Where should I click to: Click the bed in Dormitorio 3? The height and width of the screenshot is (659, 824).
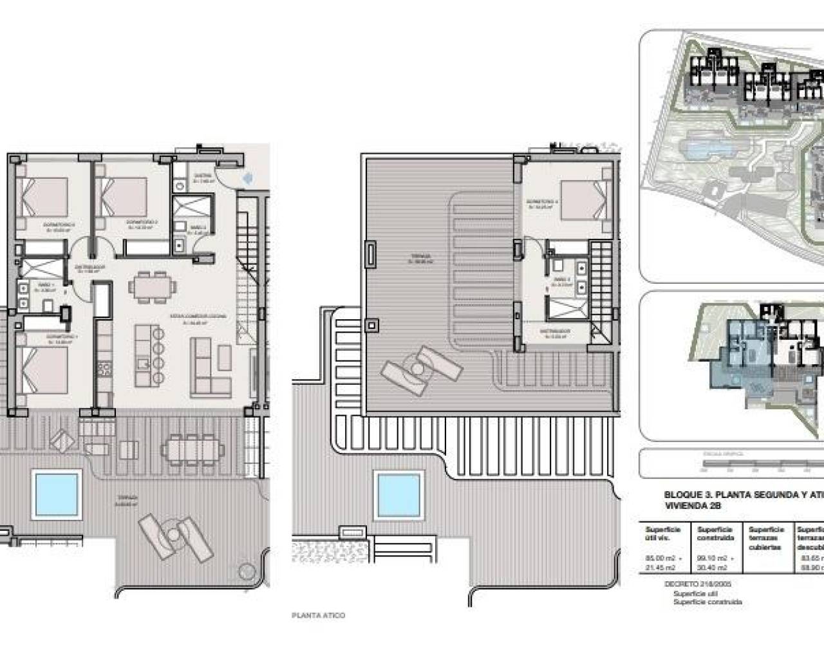[x=45, y=196]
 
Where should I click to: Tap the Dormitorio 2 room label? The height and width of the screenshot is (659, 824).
[x=139, y=226]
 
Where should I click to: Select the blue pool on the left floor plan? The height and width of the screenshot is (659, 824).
[x=57, y=492]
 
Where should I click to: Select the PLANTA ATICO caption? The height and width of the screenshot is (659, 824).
[x=319, y=615]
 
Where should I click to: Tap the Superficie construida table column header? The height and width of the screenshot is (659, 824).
[x=716, y=534]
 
